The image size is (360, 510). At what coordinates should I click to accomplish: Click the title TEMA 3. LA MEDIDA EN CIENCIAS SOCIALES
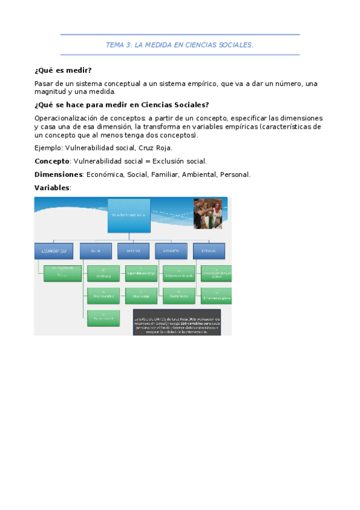click(x=180, y=45)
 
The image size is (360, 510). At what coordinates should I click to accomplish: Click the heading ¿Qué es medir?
click(x=63, y=70)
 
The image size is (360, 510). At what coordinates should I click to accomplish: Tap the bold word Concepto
click(x=52, y=161)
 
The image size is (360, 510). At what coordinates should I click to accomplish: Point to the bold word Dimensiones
click(x=58, y=174)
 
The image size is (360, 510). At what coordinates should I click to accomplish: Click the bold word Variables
click(x=52, y=188)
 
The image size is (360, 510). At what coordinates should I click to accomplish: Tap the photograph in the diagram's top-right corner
click(x=207, y=214)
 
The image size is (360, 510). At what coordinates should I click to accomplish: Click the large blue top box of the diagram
click(x=129, y=215)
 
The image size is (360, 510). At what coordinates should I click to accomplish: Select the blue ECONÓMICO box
click(x=54, y=251)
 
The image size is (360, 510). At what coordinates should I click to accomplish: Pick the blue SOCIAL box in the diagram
click(x=96, y=251)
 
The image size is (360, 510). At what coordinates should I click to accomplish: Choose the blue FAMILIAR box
click(x=133, y=251)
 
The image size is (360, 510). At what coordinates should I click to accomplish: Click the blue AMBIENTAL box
click(x=171, y=251)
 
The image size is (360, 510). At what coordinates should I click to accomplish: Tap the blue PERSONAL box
click(x=209, y=251)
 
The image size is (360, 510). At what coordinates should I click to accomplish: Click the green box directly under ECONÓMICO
click(x=63, y=273)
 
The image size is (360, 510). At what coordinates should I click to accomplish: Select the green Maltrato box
click(x=103, y=274)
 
